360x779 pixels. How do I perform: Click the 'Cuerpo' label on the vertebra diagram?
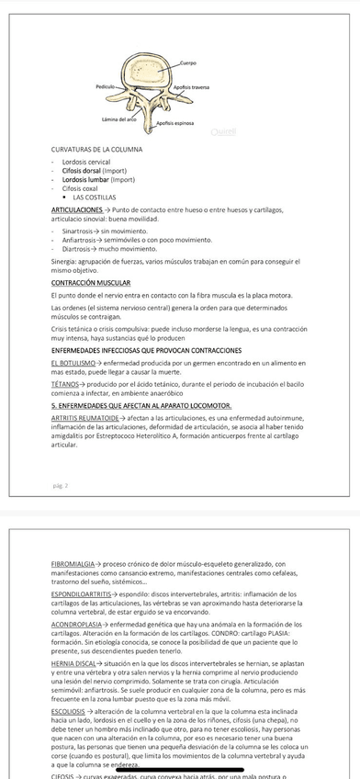(x=188, y=63)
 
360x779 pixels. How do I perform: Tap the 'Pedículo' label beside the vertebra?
(x=105, y=85)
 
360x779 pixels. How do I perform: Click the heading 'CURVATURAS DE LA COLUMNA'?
(x=96, y=148)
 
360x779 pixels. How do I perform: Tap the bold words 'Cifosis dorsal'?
(x=81, y=170)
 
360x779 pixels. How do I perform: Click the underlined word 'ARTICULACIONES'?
(x=78, y=209)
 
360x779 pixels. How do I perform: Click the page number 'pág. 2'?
(x=61, y=484)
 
